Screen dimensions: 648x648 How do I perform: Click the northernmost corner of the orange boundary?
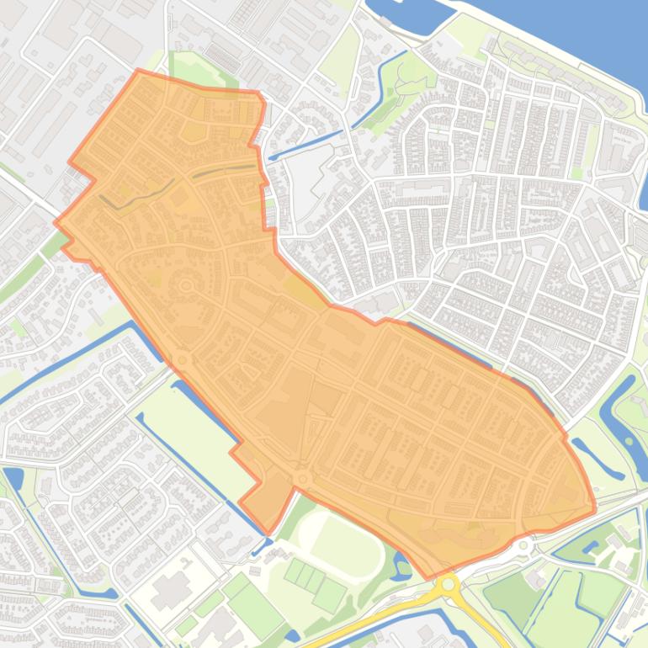click(x=139, y=71)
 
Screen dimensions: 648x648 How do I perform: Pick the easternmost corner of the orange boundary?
click(x=595, y=508)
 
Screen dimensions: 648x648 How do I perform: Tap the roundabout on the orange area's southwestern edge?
click(x=183, y=360)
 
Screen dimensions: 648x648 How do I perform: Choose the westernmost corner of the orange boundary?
click(x=56, y=223)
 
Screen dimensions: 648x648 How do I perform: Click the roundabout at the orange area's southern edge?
click(x=303, y=479)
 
